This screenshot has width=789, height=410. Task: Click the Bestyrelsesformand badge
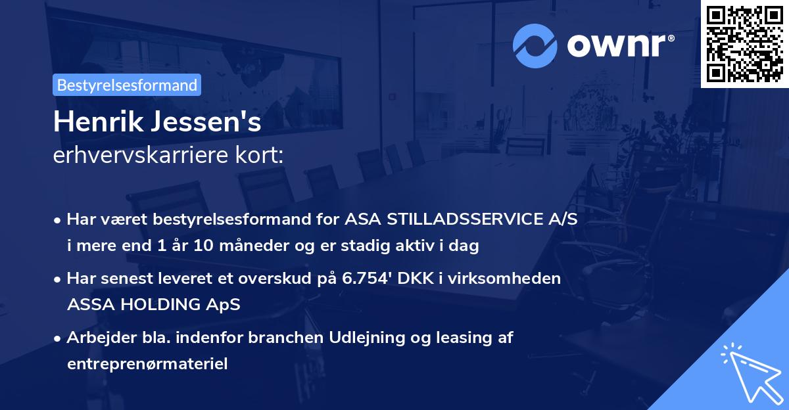point(127,85)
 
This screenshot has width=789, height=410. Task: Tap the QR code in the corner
point(744,43)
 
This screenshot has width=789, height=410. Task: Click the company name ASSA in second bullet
point(89,304)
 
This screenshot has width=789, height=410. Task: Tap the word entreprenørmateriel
point(147,364)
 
